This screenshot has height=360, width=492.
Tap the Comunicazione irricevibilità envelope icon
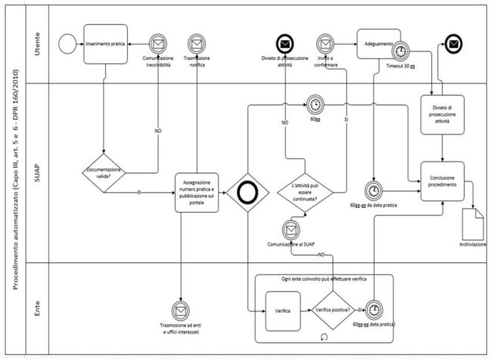[x=159, y=44]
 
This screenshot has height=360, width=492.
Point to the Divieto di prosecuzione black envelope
[x=286, y=42]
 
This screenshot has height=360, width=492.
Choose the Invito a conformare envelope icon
[x=325, y=43]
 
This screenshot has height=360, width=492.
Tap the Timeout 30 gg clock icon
[x=401, y=51]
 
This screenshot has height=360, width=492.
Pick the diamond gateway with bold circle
[x=247, y=190]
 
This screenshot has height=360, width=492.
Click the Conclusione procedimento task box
[x=442, y=181]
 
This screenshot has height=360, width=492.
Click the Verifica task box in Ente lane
[x=284, y=311]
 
